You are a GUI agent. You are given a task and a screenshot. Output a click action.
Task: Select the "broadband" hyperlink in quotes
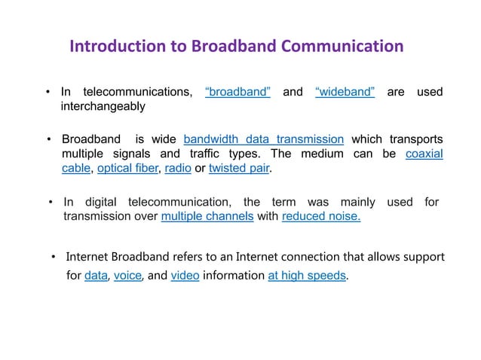[x=237, y=92]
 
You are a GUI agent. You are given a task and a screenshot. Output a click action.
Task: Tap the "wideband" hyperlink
[x=345, y=92]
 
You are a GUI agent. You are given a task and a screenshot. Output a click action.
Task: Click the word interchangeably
[x=103, y=107]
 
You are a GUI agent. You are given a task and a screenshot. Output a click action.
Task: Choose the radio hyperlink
[x=178, y=169]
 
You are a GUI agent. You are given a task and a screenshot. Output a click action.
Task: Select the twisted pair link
[x=239, y=169]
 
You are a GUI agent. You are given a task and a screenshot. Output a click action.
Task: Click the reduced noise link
[x=321, y=218]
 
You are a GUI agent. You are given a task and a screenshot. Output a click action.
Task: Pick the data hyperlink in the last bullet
[x=96, y=276]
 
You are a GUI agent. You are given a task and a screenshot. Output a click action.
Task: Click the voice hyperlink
[x=127, y=276]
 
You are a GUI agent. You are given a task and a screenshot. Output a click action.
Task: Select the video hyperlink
[x=185, y=276]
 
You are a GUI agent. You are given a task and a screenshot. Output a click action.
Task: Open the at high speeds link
[x=308, y=276]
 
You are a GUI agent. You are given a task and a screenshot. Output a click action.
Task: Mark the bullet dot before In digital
[x=51, y=203]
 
